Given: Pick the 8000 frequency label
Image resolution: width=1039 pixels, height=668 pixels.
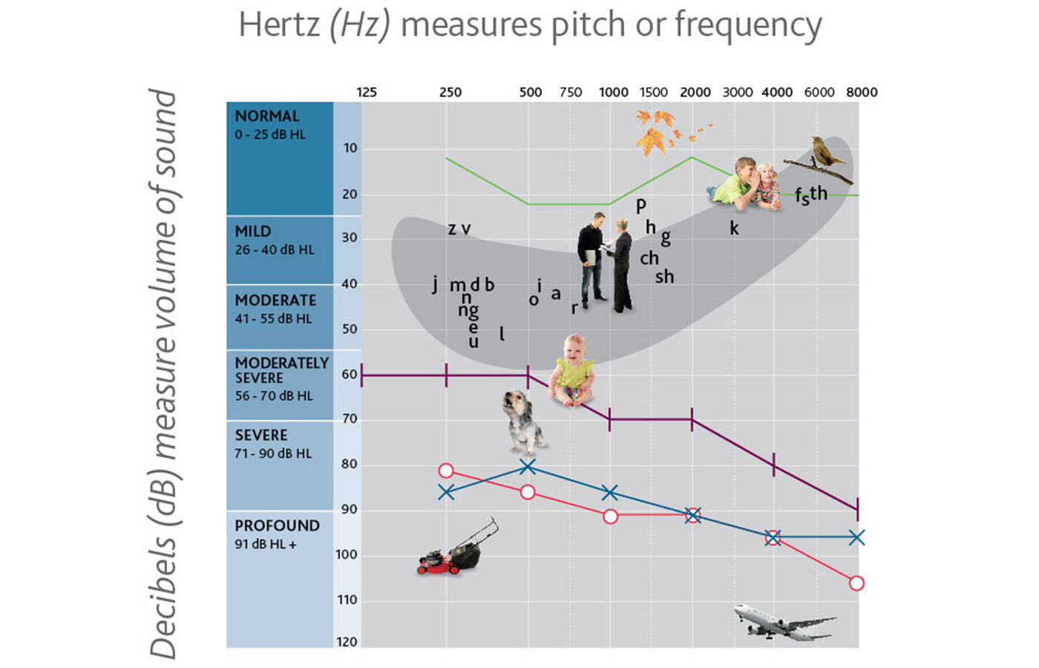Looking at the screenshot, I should (x=862, y=92).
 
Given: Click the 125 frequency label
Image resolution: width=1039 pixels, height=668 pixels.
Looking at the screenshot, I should (x=367, y=92).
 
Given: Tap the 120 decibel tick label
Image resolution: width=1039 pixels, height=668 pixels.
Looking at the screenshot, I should (x=347, y=642).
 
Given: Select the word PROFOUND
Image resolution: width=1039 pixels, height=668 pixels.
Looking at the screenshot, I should (x=277, y=525).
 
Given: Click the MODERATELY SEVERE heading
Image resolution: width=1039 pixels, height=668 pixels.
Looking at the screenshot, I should (x=281, y=370).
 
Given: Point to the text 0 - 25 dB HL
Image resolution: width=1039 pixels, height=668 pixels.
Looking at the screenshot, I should (x=270, y=134).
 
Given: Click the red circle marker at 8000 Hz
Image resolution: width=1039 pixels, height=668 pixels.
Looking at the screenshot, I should (x=856, y=583).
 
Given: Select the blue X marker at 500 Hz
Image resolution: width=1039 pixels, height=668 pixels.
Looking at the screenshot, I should (x=528, y=467).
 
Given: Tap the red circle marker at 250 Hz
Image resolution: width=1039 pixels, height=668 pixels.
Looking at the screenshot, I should (x=446, y=471).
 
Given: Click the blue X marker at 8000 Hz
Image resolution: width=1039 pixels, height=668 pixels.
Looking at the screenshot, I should (x=856, y=537).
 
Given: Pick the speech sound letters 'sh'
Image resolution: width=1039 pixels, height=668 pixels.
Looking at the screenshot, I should (x=664, y=277).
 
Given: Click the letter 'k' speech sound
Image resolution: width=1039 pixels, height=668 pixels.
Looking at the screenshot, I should (x=734, y=228).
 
